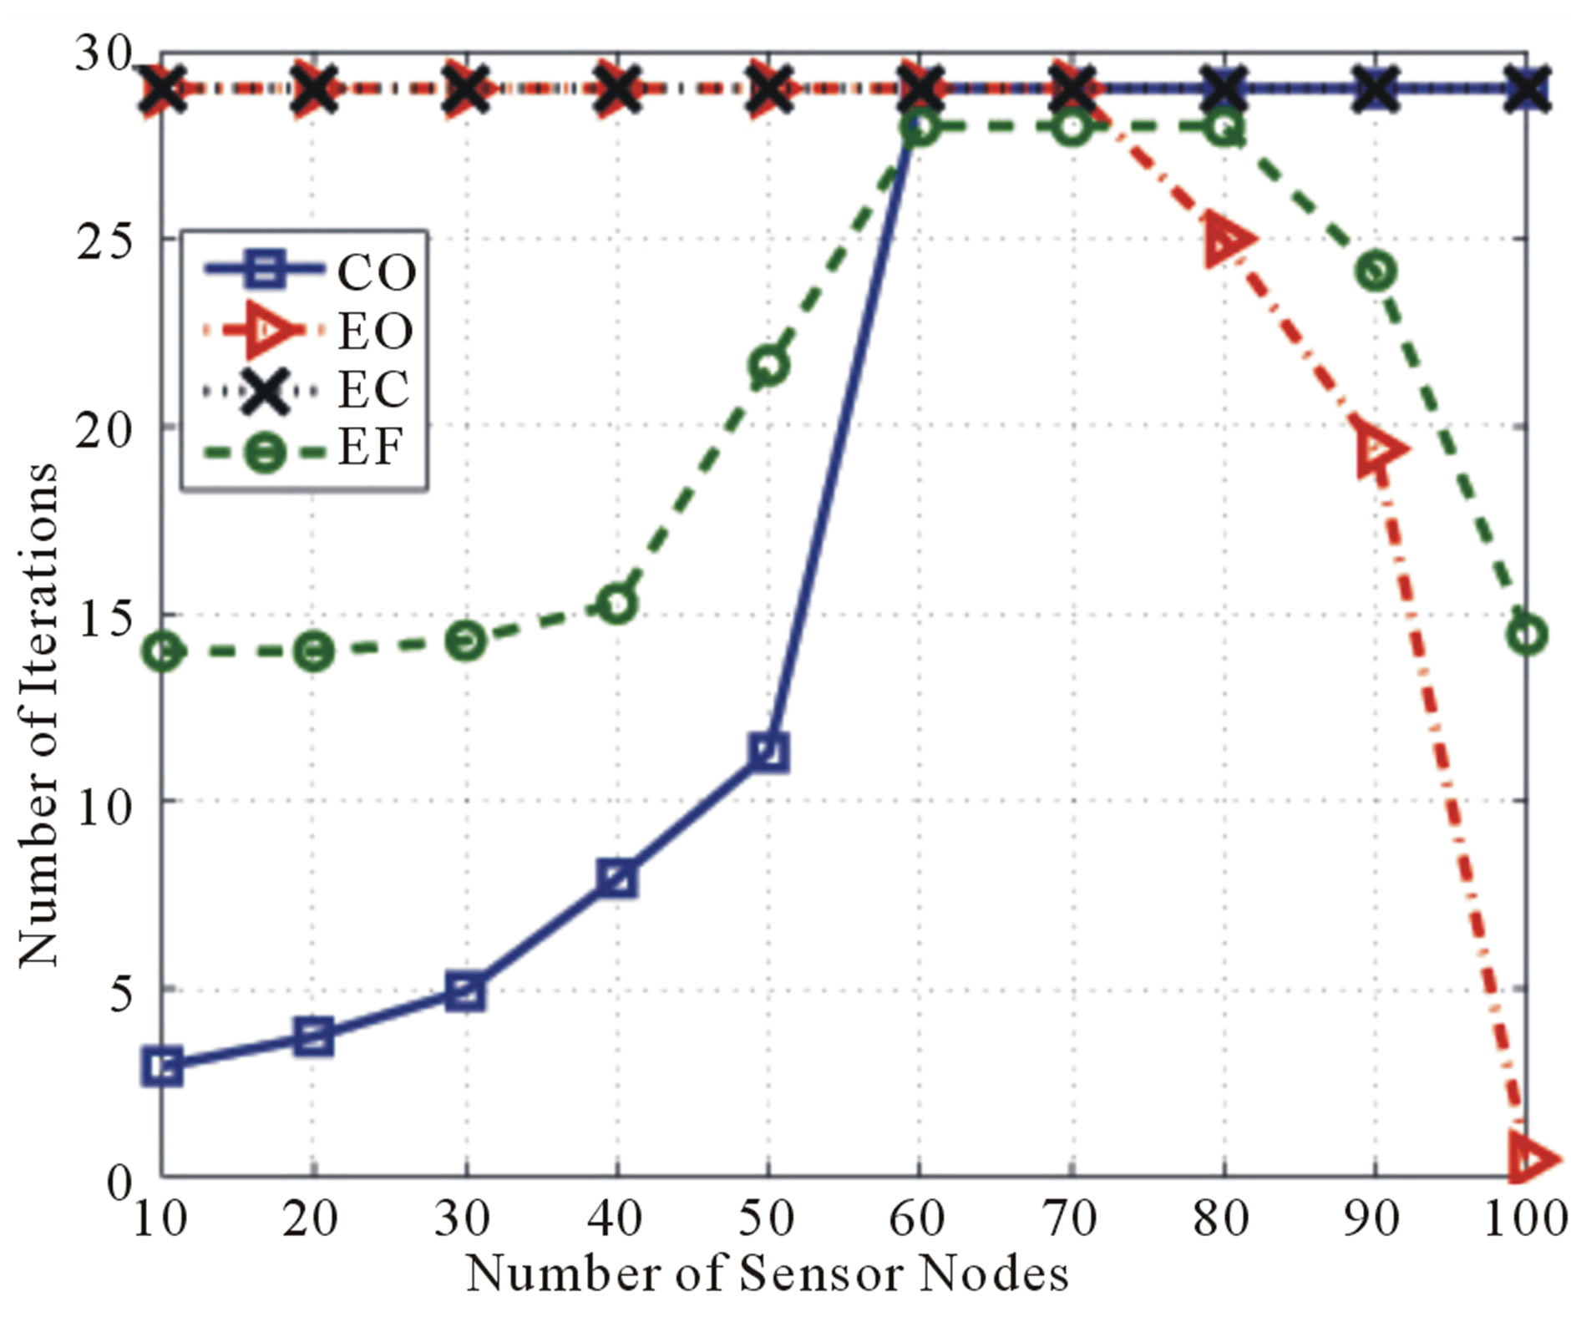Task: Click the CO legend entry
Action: (x=309, y=270)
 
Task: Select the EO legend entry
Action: (x=309, y=329)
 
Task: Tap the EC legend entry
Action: (x=309, y=389)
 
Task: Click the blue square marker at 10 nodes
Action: (x=163, y=1066)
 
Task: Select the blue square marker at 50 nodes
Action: (x=768, y=752)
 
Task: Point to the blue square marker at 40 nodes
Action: (x=617, y=879)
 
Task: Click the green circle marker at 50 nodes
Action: (x=768, y=366)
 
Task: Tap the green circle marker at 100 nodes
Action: (x=1527, y=635)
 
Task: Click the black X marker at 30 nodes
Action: (x=465, y=89)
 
